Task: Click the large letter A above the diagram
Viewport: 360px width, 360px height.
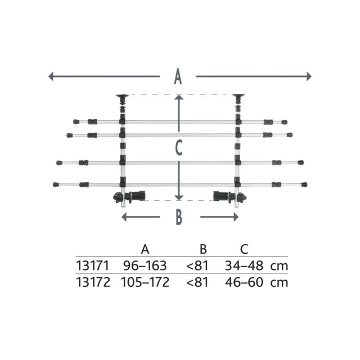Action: coord(178,76)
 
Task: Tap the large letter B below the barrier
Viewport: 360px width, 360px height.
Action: coord(179,217)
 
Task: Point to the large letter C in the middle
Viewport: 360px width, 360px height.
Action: coord(179,148)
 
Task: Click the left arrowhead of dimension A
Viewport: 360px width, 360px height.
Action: coord(51,76)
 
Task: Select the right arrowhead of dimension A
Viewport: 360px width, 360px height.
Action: coord(309,76)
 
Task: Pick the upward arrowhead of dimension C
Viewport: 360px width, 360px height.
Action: coord(179,97)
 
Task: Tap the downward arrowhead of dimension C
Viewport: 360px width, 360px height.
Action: coord(179,197)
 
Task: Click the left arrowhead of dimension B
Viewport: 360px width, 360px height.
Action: coord(124,217)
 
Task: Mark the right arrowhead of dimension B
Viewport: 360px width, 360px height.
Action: coord(236,217)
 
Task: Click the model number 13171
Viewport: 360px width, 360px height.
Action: coord(92,265)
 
